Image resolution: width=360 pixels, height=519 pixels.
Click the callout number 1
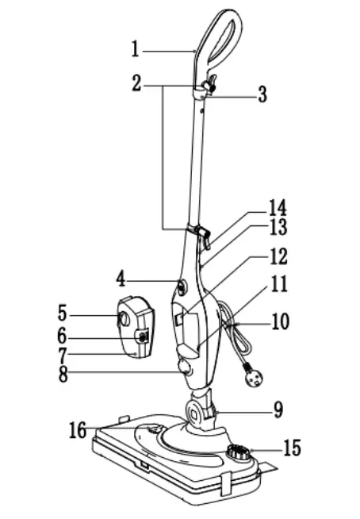(x=136, y=48)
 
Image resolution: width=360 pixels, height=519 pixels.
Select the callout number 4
(x=121, y=279)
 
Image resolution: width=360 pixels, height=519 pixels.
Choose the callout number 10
(x=279, y=323)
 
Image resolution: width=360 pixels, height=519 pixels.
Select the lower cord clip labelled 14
(x=202, y=233)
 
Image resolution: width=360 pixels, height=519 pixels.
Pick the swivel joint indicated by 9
(x=198, y=410)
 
